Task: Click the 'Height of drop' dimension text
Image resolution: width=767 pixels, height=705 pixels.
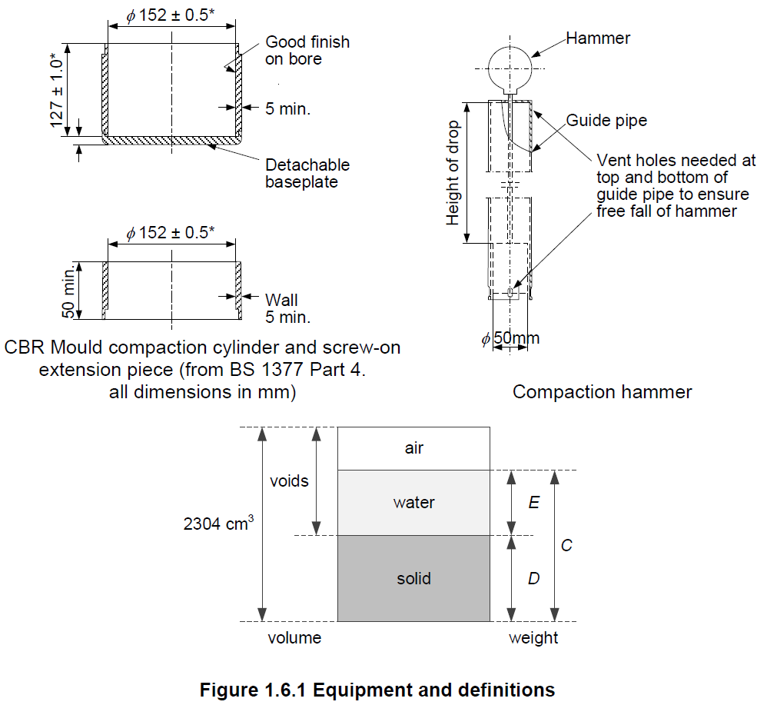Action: (x=453, y=173)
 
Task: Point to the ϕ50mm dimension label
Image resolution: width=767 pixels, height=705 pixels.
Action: (x=511, y=338)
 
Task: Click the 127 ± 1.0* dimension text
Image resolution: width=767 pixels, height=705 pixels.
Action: (x=58, y=90)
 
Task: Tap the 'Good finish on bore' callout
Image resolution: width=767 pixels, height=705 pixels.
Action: (x=307, y=50)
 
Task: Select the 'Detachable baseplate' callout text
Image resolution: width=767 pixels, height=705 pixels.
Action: (x=307, y=173)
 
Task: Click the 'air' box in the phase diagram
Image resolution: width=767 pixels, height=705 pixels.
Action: (x=414, y=448)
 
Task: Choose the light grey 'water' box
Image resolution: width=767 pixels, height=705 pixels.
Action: (x=414, y=503)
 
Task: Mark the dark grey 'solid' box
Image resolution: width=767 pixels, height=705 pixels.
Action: (x=414, y=578)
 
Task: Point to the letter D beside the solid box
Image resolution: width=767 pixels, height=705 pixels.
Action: (x=533, y=578)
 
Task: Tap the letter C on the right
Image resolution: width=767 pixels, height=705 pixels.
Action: (x=566, y=545)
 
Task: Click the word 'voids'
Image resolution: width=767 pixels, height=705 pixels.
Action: (x=289, y=481)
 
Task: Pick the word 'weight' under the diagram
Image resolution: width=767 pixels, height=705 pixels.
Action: (x=533, y=638)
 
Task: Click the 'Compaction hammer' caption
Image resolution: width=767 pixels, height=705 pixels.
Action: (x=602, y=392)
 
